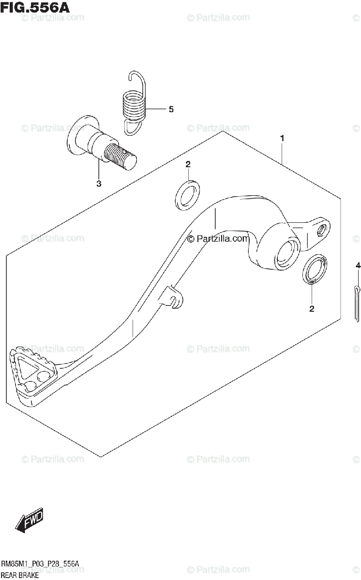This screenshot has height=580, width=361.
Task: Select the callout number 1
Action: [x=282, y=139]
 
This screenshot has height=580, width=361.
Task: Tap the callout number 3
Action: [x=99, y=184]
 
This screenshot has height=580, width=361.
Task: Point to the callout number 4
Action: [x=358, y=265]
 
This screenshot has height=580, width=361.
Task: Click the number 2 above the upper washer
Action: [x=188, y=164]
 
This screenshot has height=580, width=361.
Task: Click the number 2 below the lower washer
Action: [x=312, y=308]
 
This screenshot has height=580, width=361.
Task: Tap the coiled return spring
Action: [x=134, y=103]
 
